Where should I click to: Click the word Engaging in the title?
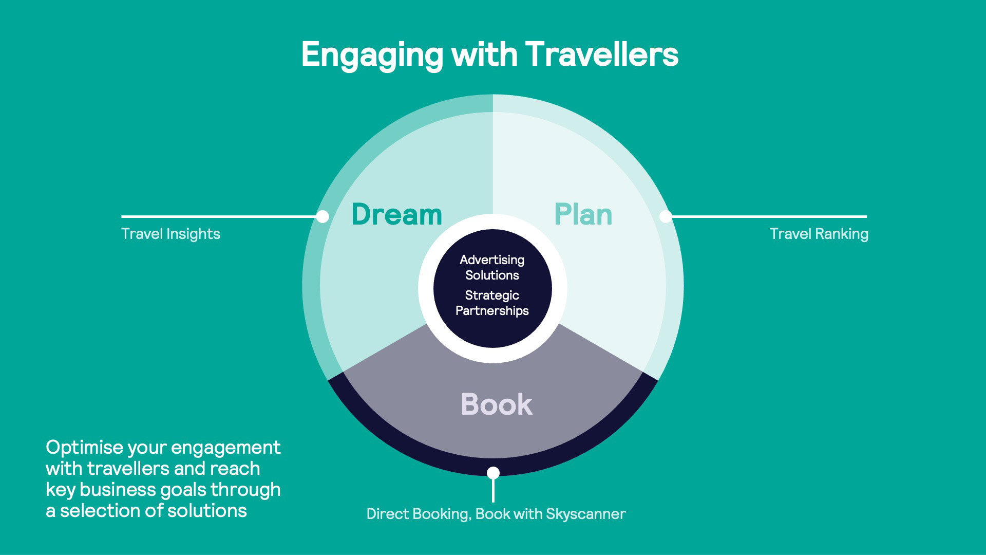click(372, 54)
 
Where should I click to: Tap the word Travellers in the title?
click(602, 54)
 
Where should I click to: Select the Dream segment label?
click(396, 214)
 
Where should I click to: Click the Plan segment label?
click(583, 214)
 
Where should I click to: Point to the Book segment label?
click(496, 404)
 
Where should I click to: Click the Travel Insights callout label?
click(170, 234)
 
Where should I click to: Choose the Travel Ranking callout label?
click(819, 234)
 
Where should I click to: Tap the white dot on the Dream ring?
click(323, 216)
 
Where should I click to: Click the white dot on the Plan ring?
click(665, 216)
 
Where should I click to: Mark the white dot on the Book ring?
click(493, 472)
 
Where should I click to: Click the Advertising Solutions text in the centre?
click(492, 267)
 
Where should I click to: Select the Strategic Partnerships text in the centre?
click(492, 303)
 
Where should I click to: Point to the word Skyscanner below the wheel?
click(585, 514)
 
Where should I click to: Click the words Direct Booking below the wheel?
click(418, 514)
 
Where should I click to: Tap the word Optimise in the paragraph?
click(84, 448)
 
